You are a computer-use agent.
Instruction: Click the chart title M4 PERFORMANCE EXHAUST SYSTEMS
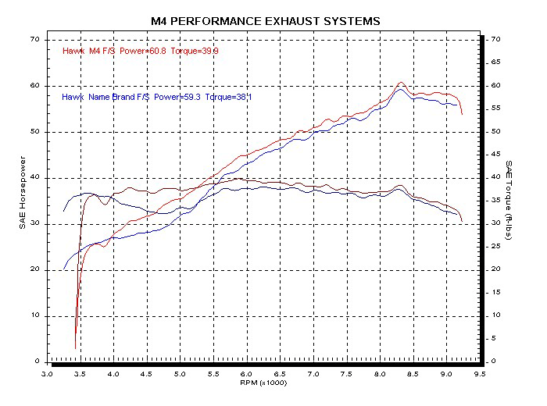(x=266, y=20)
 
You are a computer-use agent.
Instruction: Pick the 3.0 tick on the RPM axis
(x=48, y=374)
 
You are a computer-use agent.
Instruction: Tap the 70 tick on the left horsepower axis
(x=34, y=39)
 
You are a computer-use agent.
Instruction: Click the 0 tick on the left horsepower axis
(x=38, y=362)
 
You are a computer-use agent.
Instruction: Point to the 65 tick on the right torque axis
(x=493, y=62)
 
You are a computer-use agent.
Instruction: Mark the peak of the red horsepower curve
(x=401, y=82)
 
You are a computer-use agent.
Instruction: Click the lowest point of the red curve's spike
(x=76, y=348)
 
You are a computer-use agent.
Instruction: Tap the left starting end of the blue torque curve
(x=64, y=212)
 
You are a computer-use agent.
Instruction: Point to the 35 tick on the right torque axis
(x=493, y=201)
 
